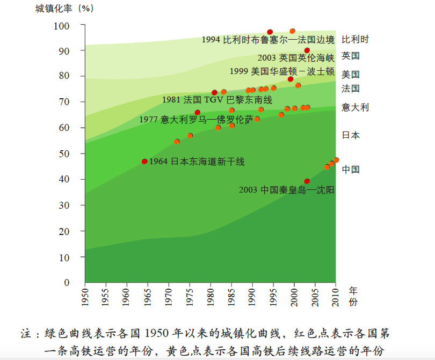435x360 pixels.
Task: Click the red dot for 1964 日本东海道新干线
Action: click(x=144, y=161)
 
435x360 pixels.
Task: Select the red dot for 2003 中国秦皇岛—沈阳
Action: click(x=307, y=181)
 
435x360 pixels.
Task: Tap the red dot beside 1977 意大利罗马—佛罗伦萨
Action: click(x=198, y=113)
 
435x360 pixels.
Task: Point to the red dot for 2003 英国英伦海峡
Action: click(x=307, y=50)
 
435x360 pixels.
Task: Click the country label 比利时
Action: click(x=355, y=39)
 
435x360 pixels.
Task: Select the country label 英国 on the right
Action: click(x=351, y=55)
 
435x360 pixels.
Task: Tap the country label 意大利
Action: click(x=355, y=107)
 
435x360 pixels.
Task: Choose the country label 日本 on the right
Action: click(x=351, y=135)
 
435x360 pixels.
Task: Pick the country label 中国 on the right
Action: click(x=351, y=170)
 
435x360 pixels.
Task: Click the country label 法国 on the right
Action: click(x=351, y=89)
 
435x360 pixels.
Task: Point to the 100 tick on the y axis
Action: click(x=62, y=26)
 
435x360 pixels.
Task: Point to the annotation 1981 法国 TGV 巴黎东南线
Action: click(x=217, y=100)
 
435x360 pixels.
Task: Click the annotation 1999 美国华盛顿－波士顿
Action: click(x=282, y=71)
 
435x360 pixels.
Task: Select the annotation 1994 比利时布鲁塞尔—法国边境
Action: click(x=268, y=40)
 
